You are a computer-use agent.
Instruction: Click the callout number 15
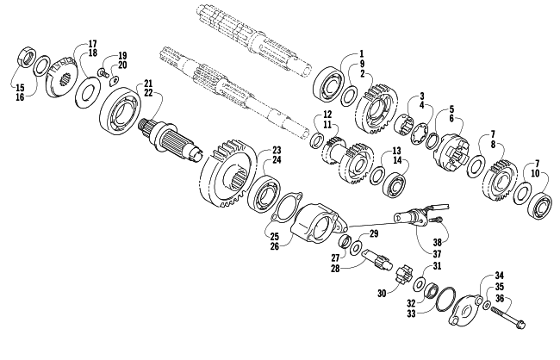(20, 88)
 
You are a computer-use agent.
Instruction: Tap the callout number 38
(438, 243)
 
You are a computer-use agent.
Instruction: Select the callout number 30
(382, 294)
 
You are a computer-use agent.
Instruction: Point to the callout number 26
(275, 246)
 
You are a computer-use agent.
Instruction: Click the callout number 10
(535, 173)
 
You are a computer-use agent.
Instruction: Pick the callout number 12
(327, 115)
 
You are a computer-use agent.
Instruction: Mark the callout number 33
(412, 313)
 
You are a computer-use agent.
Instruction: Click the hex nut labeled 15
(27, 56)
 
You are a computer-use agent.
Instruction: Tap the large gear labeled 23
(228, 173)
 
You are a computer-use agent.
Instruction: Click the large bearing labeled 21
(120, 111)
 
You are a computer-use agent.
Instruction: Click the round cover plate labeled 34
(465, 311)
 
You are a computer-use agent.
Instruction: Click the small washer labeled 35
(487, 306)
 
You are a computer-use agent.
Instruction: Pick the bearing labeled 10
(540, 206)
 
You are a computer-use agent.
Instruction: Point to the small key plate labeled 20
(114, 82)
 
